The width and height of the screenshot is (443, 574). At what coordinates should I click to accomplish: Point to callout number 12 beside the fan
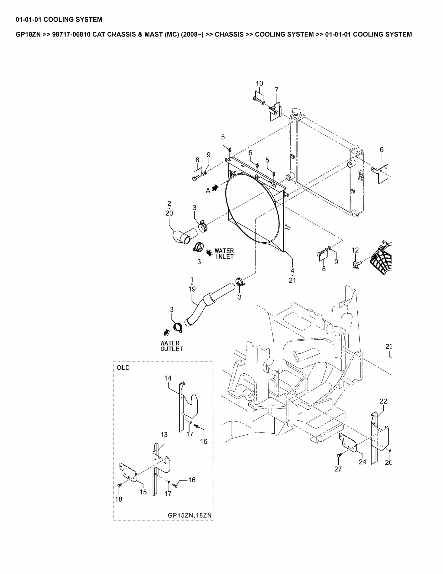point(355,250)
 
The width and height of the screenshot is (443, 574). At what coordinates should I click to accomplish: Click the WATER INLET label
point(224,254)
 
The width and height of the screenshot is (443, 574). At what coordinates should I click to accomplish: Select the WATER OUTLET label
point(171,346)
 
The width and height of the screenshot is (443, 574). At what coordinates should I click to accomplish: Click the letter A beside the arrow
point(208,191)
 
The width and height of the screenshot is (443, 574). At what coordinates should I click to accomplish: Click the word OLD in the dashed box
point(123,368)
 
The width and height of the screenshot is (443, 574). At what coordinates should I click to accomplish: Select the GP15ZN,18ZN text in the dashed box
point(189,515)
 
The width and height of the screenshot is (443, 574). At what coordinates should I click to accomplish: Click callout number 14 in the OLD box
point(168,378)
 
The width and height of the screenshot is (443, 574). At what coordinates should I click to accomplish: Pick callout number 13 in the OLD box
point(164,435)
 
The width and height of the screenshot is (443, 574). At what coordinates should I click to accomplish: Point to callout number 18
point(119,499)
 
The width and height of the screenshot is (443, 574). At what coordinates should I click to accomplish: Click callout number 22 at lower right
point(383,401)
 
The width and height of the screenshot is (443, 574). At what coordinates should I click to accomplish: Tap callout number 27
point(338,469)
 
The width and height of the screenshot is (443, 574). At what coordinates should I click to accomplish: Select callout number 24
point(362,462)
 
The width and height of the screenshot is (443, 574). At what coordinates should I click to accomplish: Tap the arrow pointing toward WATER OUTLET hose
point(166,332)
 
